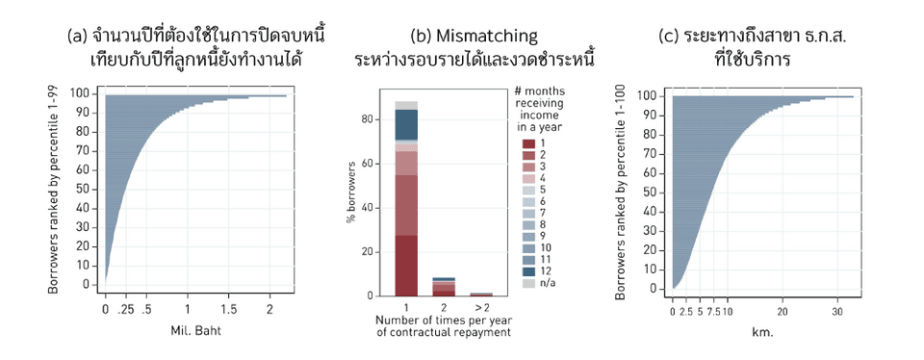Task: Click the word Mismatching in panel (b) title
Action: [x=488, y=37]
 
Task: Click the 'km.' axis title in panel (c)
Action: [x=761, y=334]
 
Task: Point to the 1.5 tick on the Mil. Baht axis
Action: [x=229, y=310]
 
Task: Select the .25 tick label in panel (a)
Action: [x=125, y=310]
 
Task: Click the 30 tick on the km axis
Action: [x=837, y=312]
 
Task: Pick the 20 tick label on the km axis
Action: [x=783, y=312]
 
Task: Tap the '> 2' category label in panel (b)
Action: [x=481, y=306]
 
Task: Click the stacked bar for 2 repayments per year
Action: [x=444, y=287]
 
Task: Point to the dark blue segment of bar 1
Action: [x=406, y=124]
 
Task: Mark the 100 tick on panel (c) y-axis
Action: [x=651, y=96]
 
